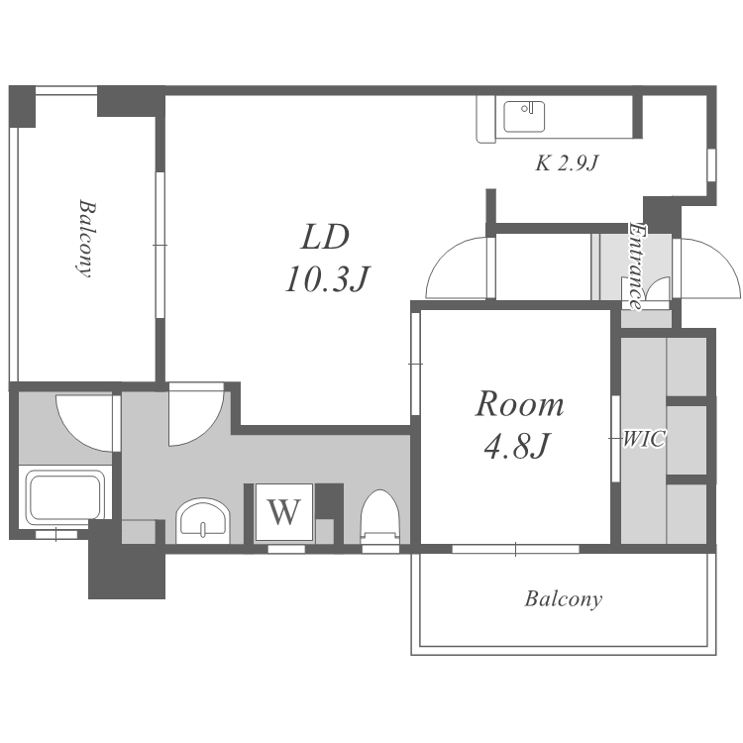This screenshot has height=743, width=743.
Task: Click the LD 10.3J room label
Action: pos(327,258)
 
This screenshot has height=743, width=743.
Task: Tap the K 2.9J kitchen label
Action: pos(568,163)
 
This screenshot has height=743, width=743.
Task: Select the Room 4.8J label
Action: pos(519,425)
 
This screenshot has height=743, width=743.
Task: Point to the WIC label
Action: pos(644,439)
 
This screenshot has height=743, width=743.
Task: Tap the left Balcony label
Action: pos(86,239)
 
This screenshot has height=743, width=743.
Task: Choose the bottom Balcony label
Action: pos(564,599)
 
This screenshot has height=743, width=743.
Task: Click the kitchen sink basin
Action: pos(524,117)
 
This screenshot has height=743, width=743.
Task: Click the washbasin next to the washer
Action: pos(203,521)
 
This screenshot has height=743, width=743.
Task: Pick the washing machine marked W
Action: pos(284,512)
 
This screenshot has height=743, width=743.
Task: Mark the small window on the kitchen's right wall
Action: pos(711,164)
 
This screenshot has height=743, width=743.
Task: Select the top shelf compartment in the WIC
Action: pos(687,367)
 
